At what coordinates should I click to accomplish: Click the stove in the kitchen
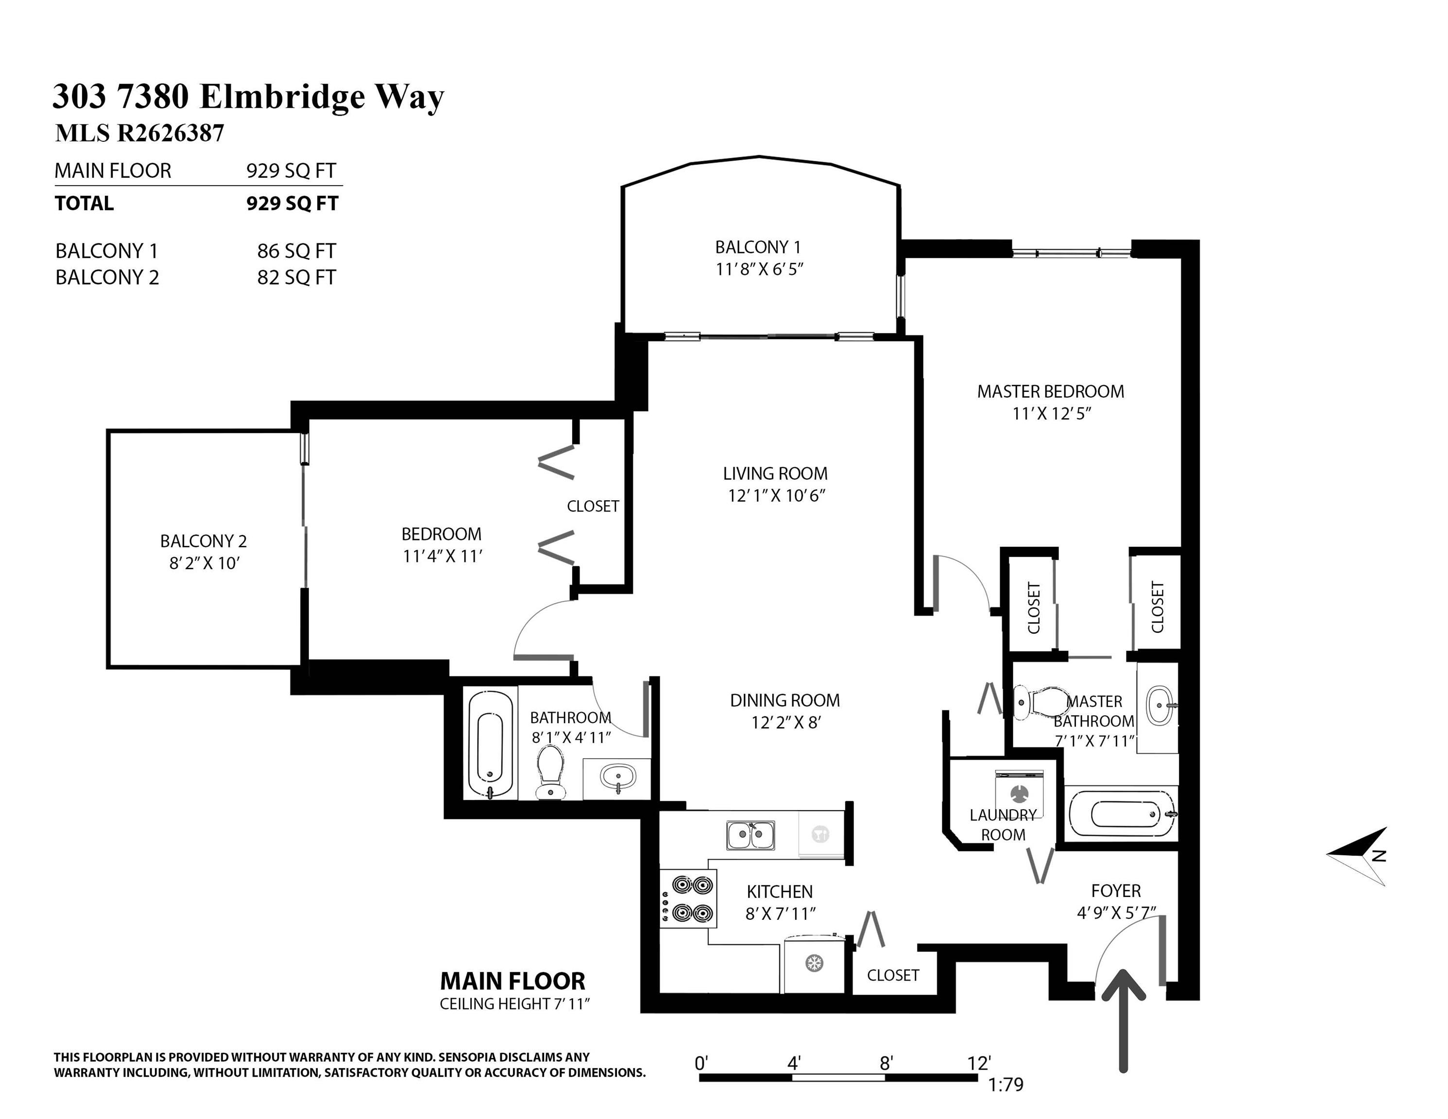click(x=689, y=899)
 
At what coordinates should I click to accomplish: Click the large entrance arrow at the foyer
click(x=1123, y=1021)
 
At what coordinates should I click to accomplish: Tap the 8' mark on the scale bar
click(x=886, y=1063)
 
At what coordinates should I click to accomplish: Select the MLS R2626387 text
click(x=139, y=133)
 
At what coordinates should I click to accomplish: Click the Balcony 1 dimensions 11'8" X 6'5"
click(x=759, y=269)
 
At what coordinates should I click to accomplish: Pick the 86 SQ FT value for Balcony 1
click(x=296, y=251)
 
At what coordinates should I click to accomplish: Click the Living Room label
click(x=775, y=474)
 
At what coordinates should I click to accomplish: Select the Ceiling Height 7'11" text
click(x=514, y=1004)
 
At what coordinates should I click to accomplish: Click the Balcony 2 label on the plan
click(x=203, y=541)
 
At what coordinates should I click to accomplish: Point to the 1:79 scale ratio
click(x=1006, y=1085)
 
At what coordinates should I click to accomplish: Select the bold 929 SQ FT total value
click(x=292, y=203)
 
